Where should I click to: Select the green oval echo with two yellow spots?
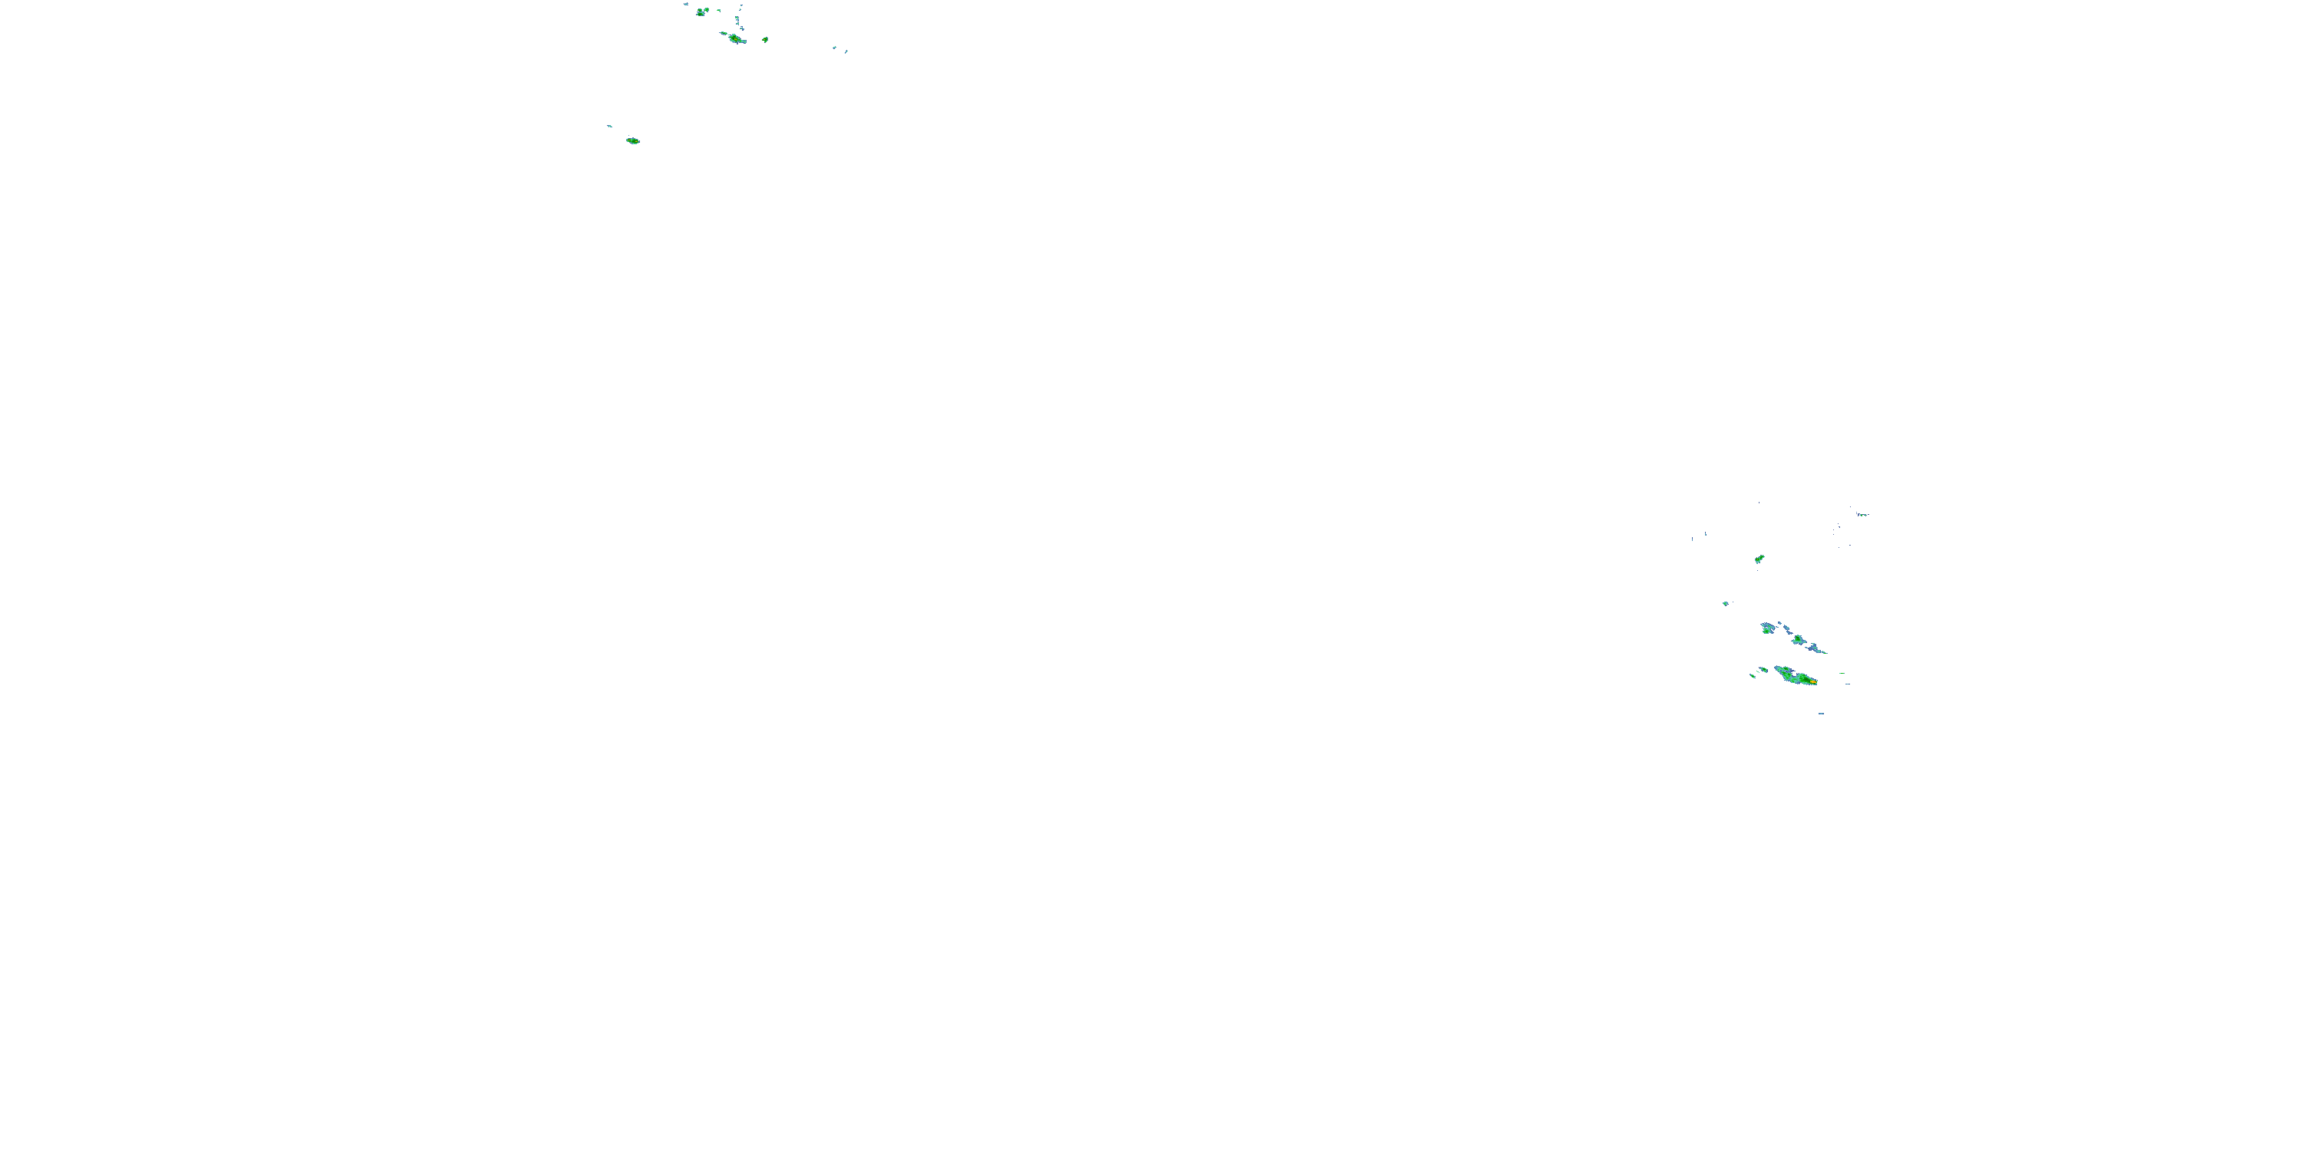(633, 140)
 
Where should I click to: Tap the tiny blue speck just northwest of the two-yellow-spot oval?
(609, 126)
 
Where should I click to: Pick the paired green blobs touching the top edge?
(702, 12)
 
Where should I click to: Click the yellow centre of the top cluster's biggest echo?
(734, 38)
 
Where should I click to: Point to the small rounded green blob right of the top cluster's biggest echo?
(765, 39)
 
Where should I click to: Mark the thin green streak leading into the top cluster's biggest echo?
(723, 33)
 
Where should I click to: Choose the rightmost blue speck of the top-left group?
(846, 51)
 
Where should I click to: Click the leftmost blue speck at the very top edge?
(685, 5)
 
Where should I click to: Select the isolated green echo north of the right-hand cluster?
(1759, 559)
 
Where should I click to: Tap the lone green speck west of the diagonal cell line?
(1726, 603)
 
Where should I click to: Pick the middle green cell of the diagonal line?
(1797, 640)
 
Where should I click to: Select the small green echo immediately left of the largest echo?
(1763, 669)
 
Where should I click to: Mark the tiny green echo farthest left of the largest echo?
(1753, 675)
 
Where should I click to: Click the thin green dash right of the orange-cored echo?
(1842, 673)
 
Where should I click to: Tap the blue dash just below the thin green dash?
(1846, 684)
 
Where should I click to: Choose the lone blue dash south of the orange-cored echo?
(1821, 713)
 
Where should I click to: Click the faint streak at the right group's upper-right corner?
(1862, 514)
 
